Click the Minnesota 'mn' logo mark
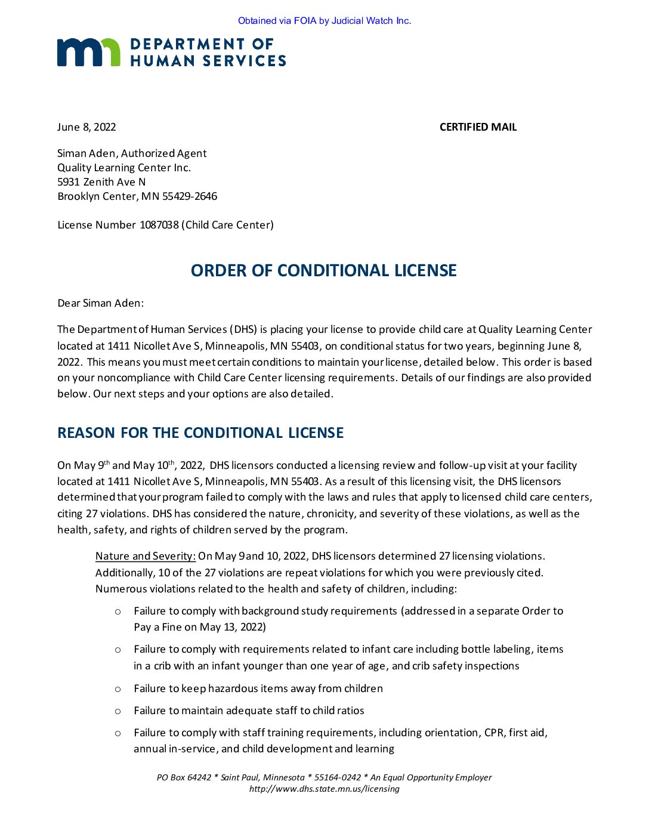coord(88,52)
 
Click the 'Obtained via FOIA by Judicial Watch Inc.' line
coord(324,21)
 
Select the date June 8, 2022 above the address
coord(86,127)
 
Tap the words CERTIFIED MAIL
coord(478,127)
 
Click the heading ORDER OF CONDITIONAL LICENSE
coord(323,270)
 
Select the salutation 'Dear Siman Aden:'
coord(100,303)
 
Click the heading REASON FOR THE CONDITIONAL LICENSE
coord(200,433)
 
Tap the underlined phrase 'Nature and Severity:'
coord(146,556)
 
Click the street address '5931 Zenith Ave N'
coord(101,182)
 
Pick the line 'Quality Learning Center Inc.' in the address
coord(124,168)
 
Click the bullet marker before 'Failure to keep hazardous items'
coord(118,689)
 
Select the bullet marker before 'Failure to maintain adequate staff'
coord(118,711)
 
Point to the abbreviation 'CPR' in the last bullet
coord(494,733)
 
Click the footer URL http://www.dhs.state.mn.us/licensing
coord(324,789)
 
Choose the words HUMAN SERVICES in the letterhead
coord(208,61)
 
